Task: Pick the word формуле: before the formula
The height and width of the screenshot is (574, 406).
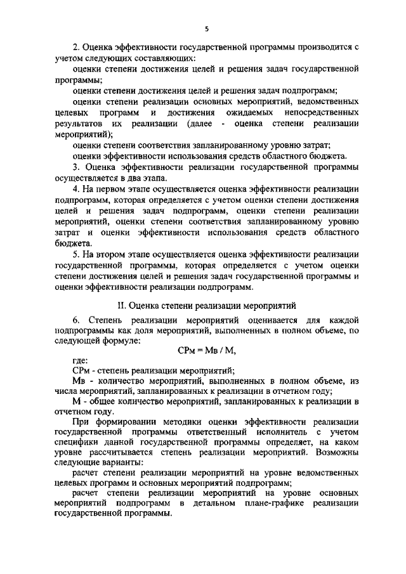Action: coord(119,341)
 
